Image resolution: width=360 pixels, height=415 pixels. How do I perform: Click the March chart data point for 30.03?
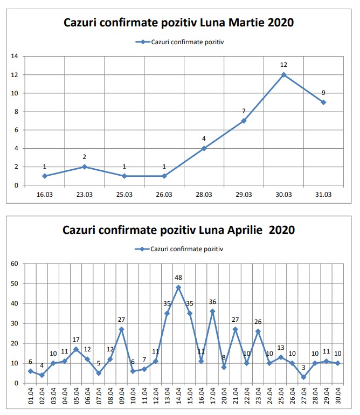point(283,74)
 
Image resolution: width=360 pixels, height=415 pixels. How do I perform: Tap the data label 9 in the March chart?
point(323,92)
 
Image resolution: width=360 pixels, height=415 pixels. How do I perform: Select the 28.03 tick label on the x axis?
point(204,194)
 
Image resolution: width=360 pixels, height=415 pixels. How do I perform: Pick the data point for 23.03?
point(84,167)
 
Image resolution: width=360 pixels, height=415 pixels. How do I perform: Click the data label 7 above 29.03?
point(244,111)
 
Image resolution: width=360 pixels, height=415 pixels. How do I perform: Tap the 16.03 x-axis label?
point(44,194)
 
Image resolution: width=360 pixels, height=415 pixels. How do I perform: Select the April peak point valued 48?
point(178,287)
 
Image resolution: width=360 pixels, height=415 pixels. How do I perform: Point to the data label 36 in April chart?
point(212,302)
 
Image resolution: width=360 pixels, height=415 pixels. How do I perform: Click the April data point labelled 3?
point(303,377)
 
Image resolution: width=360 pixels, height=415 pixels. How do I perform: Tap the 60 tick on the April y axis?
point(15,264)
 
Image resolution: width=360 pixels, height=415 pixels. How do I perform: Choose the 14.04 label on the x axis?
point(178,396)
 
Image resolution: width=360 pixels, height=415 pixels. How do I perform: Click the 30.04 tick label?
point(337,396)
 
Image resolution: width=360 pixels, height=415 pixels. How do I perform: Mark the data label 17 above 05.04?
point(76,340)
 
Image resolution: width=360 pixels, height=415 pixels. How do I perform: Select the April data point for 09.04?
point(121,329)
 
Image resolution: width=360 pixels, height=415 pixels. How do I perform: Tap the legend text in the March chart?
point(187,41)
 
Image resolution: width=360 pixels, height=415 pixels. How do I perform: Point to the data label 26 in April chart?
point(258,322)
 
